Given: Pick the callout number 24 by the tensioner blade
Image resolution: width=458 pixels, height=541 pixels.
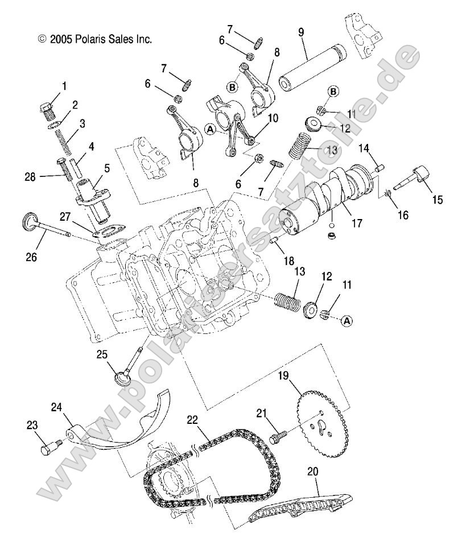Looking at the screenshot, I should [x=56, y=407].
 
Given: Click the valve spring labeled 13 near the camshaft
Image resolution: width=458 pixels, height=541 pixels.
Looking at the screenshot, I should [x=302, y=146].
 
